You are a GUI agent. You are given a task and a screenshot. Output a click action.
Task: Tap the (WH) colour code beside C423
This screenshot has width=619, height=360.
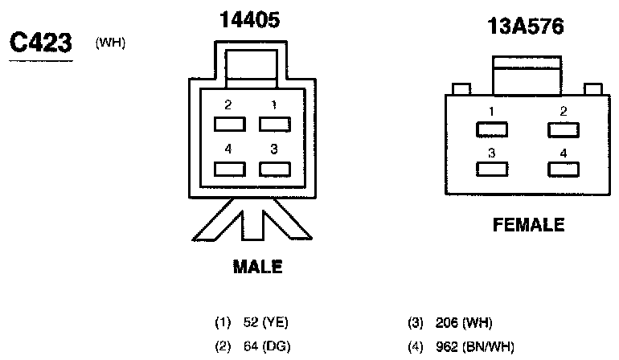point(110,43)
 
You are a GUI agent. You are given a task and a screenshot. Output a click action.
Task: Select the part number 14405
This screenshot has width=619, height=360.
point(250,22)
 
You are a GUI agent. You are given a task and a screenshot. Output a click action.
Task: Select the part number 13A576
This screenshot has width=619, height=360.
point(526,27)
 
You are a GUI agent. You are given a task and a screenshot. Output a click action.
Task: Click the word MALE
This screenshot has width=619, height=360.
point(257,267)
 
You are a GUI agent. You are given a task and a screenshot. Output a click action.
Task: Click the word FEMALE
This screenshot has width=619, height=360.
point(528,226)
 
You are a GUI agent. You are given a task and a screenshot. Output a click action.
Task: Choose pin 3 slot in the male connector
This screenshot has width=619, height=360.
point(274,169)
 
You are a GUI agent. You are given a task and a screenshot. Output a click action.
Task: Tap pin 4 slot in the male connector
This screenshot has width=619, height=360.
point(229,169)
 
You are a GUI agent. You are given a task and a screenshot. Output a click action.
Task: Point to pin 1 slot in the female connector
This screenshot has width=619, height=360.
point(491,129)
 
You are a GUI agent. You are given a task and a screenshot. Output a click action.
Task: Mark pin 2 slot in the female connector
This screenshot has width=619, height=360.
point(563,129)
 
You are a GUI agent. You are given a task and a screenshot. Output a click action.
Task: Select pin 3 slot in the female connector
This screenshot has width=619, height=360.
point(491,169)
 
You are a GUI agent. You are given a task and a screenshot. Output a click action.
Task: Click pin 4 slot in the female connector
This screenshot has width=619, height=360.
point(563,169)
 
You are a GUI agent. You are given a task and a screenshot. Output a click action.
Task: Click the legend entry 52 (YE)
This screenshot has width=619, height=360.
point(251,323)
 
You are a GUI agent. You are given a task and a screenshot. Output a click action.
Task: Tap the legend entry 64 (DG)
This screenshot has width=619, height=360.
point(251,346)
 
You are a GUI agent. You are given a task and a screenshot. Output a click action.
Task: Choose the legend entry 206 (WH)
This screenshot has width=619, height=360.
point(450,323)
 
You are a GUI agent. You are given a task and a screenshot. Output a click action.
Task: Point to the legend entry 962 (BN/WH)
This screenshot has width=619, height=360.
point(460,346)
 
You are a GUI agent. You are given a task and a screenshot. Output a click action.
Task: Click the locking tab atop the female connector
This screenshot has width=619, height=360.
point(527,76)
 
